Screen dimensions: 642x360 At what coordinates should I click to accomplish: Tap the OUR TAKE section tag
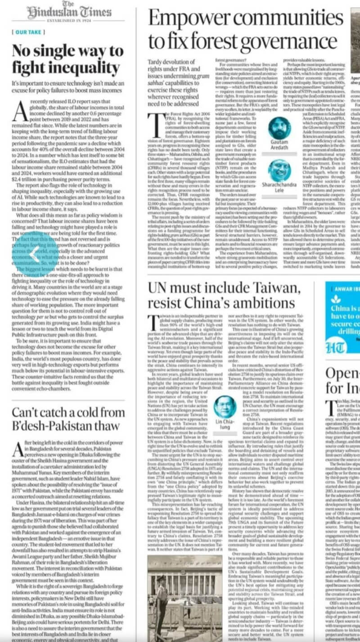(x=28, y=32)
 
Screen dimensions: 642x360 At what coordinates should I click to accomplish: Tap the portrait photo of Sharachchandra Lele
(x=279, y=171)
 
